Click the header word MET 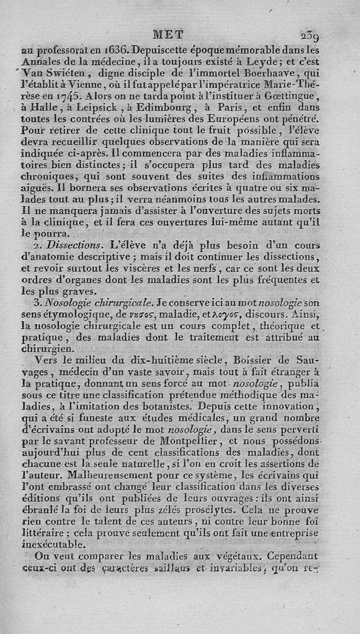[168, 35]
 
